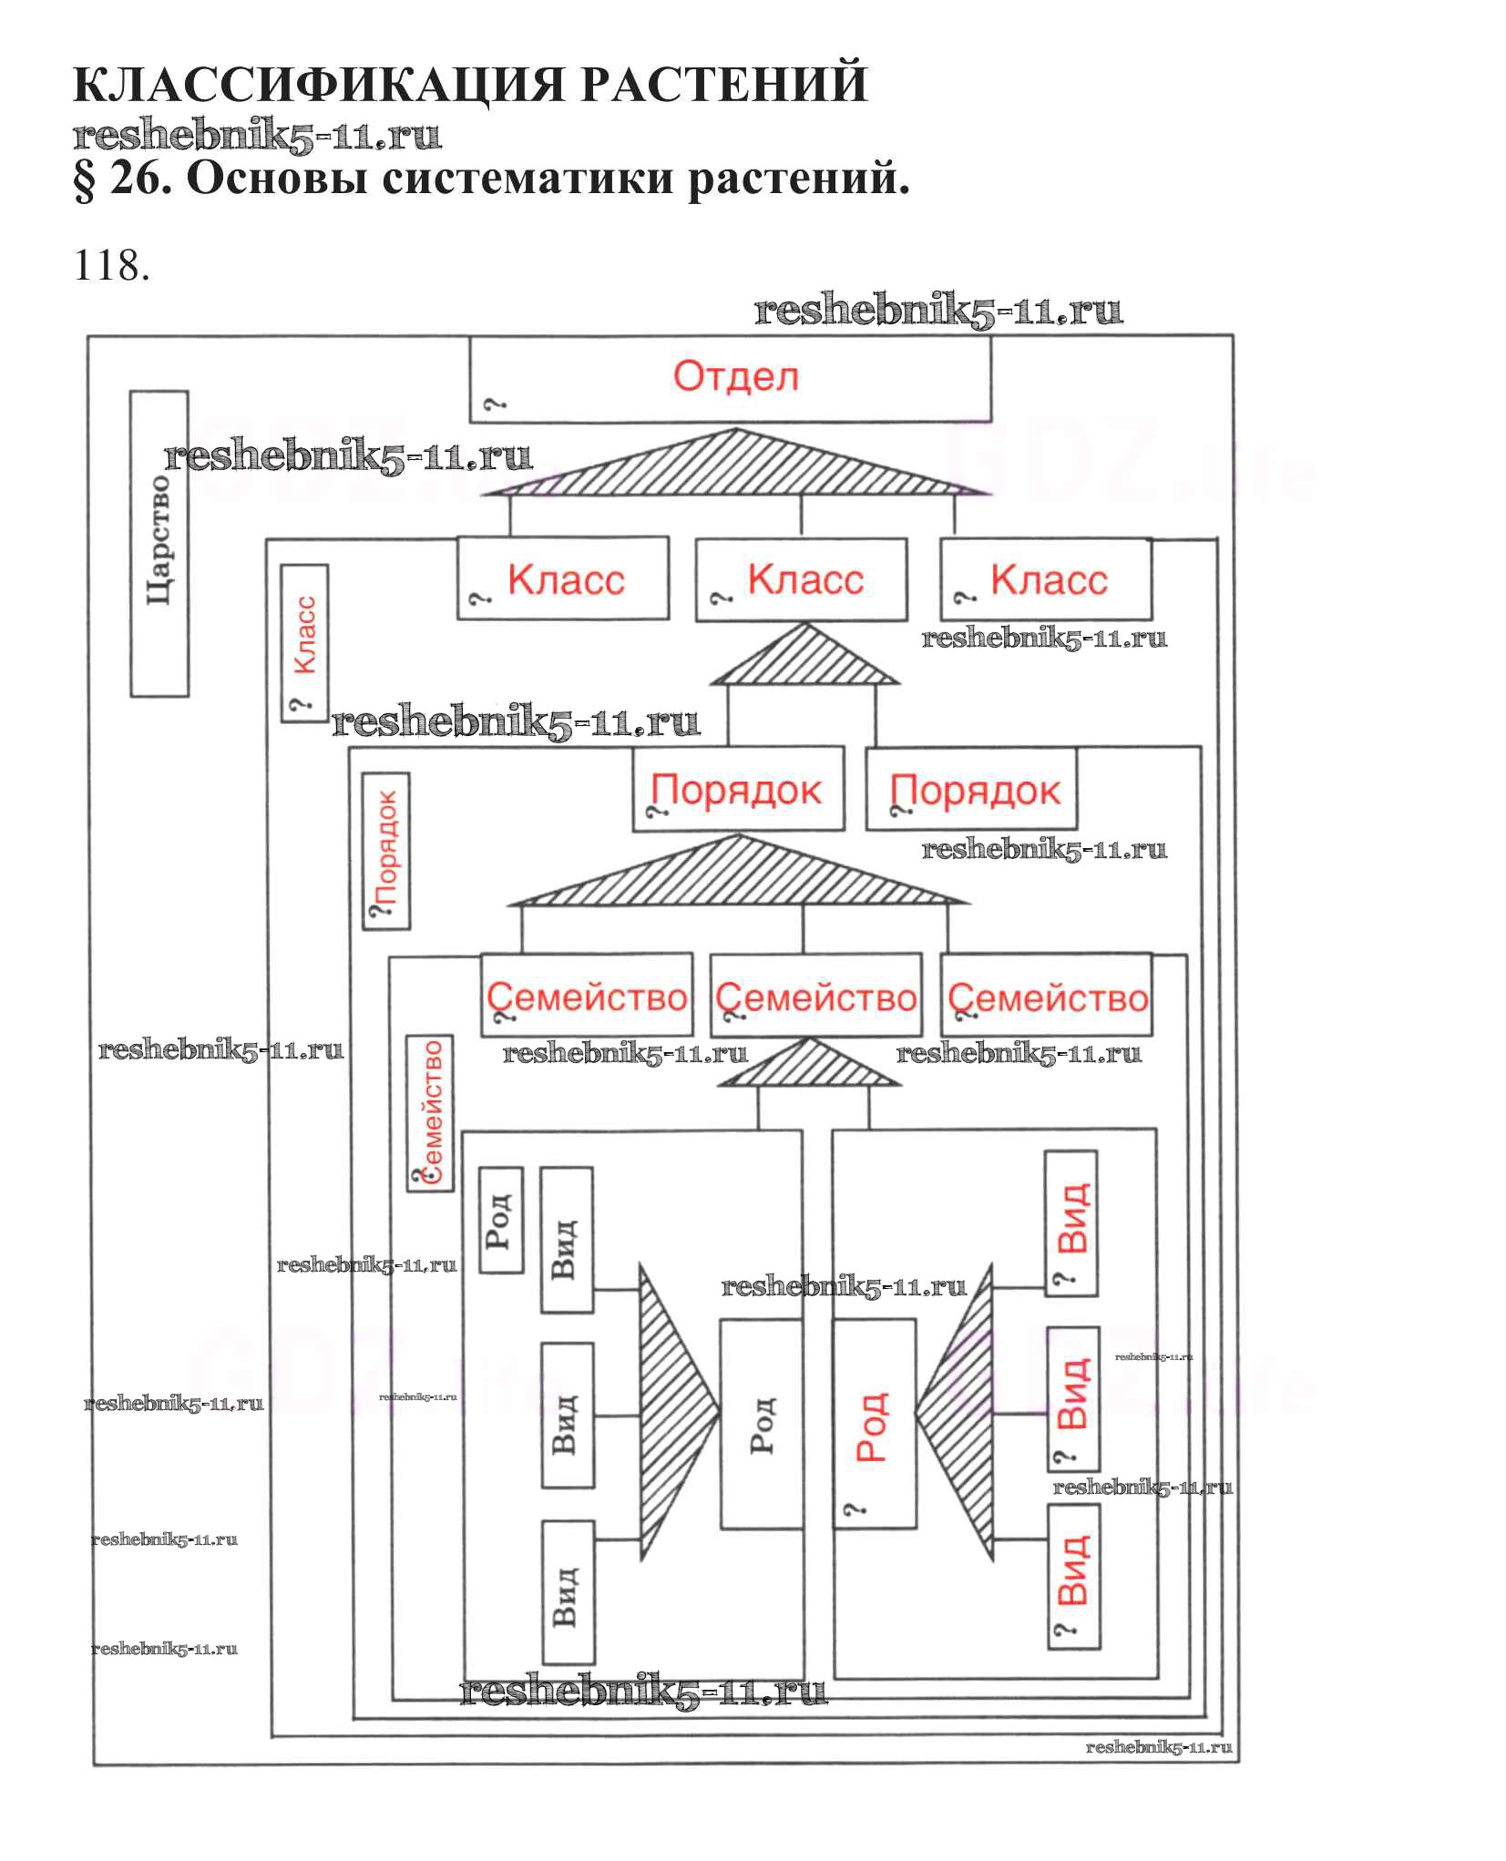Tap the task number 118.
[111, 266]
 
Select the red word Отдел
[735, 376]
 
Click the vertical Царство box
[159, 544]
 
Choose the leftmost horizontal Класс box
[562, 579]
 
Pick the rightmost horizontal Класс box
[1046, 580]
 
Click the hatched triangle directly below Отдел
[735, 466]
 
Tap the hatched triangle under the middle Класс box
[804, 659]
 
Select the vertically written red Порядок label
[386, 851]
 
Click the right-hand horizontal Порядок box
[971, 790]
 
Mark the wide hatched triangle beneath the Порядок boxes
[737, 875]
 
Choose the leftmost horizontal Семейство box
[587, 996]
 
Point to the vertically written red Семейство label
[430, 1114]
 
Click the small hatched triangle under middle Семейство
[808, 1066]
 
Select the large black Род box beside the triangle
[762, 1424]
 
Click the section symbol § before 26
[84, 179]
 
